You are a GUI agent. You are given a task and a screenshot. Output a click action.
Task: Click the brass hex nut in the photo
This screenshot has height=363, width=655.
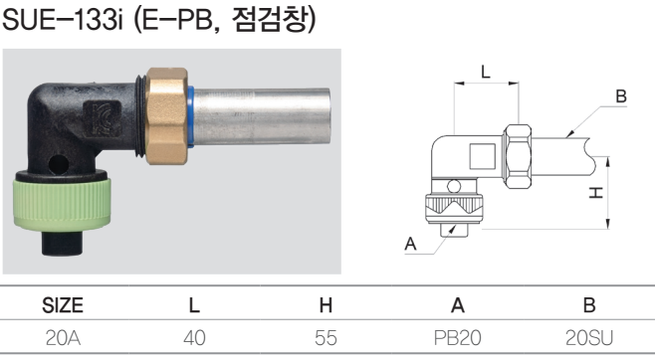click(167, 115)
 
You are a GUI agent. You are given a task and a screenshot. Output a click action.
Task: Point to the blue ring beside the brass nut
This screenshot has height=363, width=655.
click(191, 116)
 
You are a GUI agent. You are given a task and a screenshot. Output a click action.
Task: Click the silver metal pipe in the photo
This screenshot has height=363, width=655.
click(262, 116)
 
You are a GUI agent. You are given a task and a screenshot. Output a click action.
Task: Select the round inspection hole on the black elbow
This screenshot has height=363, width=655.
click(58, 164)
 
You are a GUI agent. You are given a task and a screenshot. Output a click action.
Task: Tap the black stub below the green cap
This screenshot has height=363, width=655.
click(62, 243)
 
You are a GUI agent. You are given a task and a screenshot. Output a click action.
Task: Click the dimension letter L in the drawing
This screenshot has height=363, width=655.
click(485, 72)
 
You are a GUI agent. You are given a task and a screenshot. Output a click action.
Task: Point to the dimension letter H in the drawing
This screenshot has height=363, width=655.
click(596, 192)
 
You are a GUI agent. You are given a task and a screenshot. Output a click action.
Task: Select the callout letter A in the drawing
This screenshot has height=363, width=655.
click(410, 244)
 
